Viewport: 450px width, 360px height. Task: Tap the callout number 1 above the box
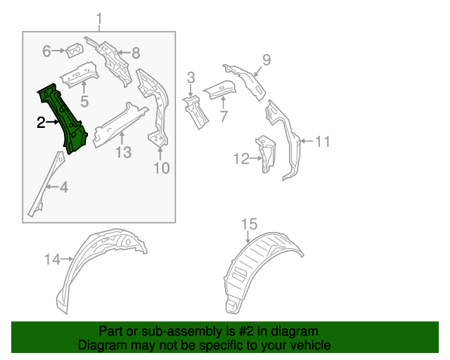coord(99,18)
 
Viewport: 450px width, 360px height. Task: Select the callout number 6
coord(47,51)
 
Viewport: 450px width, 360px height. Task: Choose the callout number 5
coord(84,102)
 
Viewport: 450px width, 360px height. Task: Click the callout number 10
coord(162,167)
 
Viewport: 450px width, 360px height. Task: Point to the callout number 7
coord(224,116)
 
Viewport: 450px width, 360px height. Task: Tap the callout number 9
coord(266,59)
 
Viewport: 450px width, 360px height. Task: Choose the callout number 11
coord(321,141)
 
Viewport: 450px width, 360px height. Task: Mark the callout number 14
coord(53,259)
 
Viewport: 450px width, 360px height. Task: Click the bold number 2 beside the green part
coord(41,123)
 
